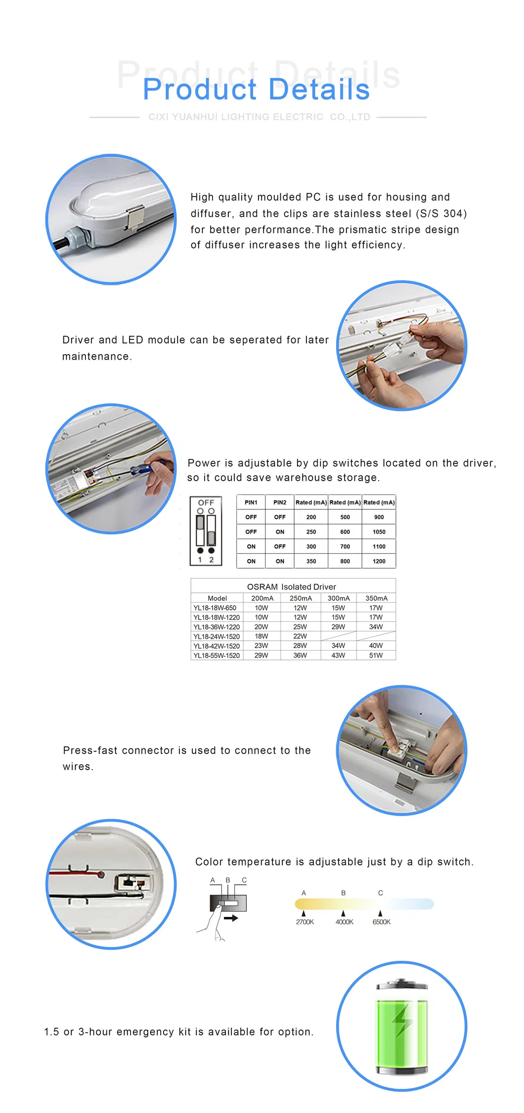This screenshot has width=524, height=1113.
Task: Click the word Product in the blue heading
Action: (200, 89)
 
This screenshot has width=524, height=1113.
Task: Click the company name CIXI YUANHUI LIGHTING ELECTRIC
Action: (235, 117)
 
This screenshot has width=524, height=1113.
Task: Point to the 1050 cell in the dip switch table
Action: (379, 532)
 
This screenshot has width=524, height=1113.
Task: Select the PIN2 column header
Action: (280, 502)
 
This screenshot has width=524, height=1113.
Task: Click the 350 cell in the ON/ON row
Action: (311, 561)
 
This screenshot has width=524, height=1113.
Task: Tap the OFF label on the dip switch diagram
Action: (206, 502)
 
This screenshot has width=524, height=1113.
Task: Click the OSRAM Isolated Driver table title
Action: (291, 587)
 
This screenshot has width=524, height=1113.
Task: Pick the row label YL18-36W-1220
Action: (217, 627)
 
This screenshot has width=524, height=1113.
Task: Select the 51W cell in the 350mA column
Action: (376, 656)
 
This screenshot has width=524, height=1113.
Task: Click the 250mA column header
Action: (301, 598)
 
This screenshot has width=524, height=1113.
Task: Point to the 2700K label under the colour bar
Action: (305, 922)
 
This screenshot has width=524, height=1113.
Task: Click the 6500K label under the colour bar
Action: (381, 922)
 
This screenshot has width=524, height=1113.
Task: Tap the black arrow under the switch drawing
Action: (231, 918)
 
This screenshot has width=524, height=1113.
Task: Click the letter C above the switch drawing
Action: (244, 880)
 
